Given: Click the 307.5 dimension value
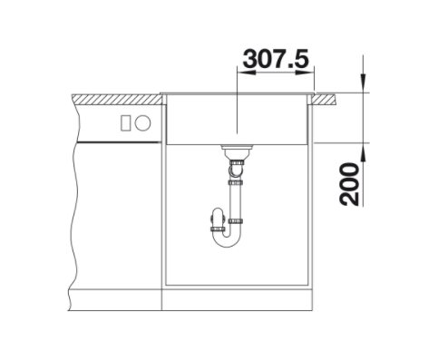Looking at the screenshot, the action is pos(276,59).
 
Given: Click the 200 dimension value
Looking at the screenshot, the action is pos(349,184).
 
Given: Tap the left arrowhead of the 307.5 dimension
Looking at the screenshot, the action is pos(247,73).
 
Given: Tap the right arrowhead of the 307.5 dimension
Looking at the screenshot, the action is pos(305,73).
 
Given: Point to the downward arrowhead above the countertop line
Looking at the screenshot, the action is pos(363,83).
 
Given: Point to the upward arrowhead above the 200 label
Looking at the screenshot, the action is pos(363,152).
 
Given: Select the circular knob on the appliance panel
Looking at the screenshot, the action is pos(142,123).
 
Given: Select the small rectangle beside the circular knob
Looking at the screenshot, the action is pos(126,123).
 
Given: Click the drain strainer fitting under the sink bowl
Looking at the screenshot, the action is pos(236,151).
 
